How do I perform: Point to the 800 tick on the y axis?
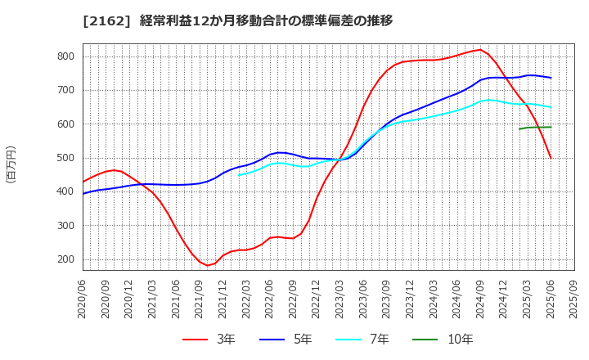[65, 56]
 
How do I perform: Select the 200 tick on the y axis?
[65, 259]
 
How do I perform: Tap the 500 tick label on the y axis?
[65, 158]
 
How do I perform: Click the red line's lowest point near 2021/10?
[208, 266]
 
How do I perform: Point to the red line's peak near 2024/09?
[480, 49]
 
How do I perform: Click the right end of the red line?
[551, 158]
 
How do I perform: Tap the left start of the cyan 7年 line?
[239, 175]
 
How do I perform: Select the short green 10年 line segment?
[535, 127]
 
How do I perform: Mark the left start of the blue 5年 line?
[83, 193]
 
